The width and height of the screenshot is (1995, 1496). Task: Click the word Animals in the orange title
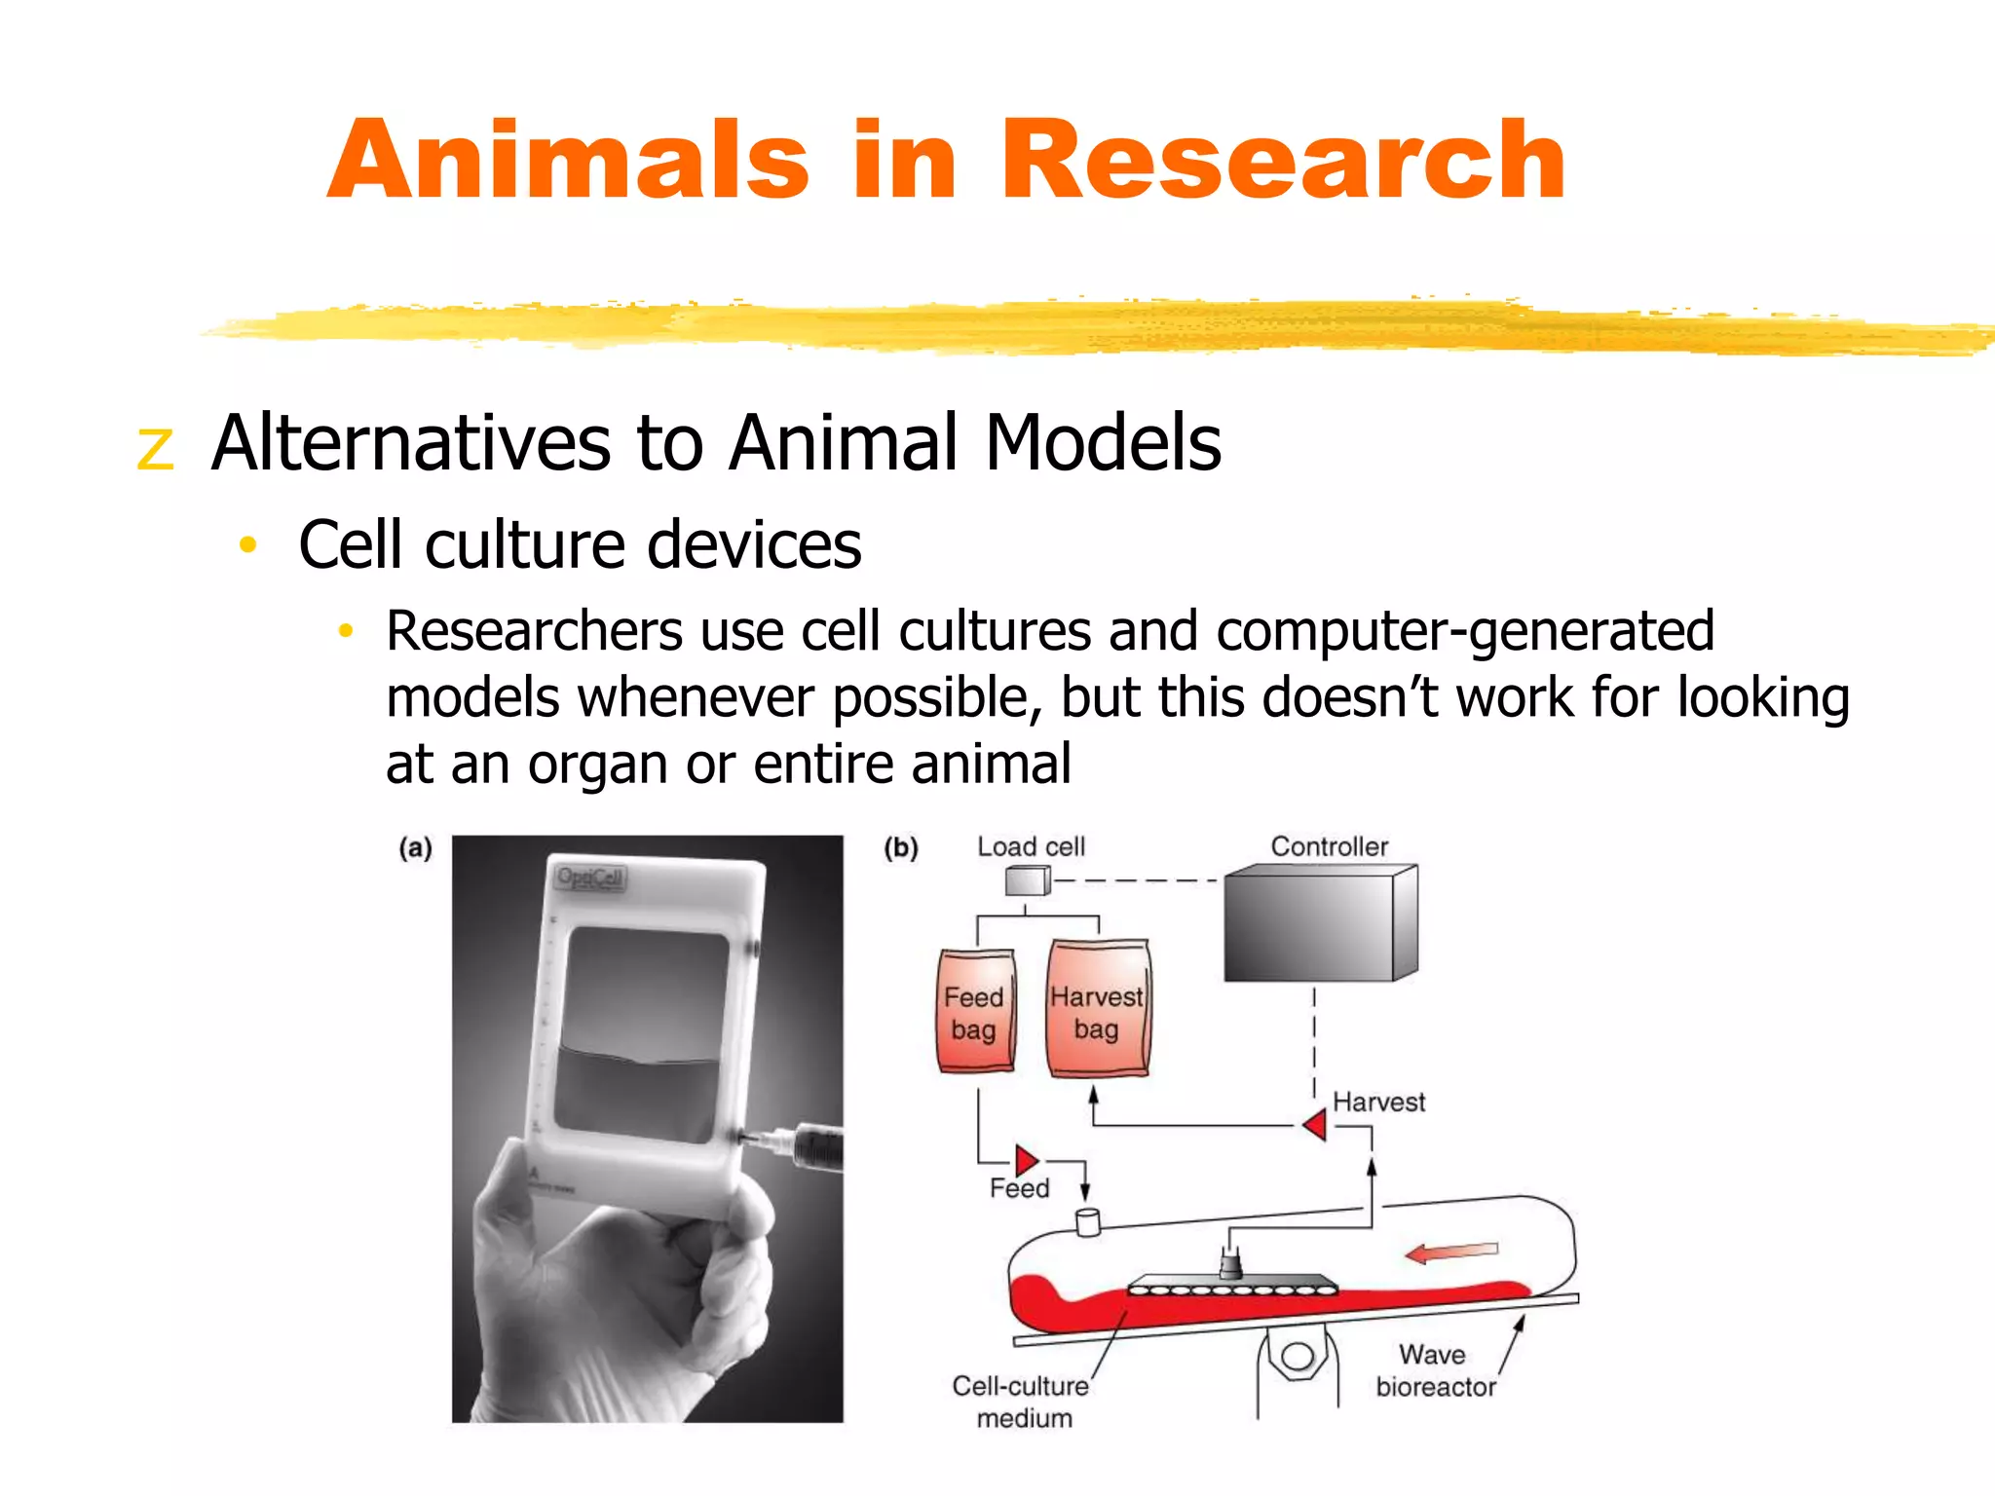click(x=568, y=161)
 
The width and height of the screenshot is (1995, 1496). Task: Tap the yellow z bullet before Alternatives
click(x=156, y=448)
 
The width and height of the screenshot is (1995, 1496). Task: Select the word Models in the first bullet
click(x=1103, y=443)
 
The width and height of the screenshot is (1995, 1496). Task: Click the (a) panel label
click(x=416, y=848)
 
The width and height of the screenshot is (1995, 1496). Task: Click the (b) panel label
click(x=901, y=848)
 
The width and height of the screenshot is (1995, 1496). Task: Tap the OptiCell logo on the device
click(x=590, y=878)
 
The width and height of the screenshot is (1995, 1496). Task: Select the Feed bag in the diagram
click(x=976, y=1013)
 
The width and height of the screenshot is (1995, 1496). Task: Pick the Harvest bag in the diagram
click(x=1097, y=1011)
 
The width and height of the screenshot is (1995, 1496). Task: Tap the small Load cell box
click(x=1027, y=881)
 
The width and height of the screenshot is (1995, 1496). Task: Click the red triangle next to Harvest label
click(x=1315, y=1125)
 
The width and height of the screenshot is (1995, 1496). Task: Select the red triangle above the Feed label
click(x=1026, y=1160)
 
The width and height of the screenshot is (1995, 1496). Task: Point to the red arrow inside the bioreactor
click(x=1451, y=1252)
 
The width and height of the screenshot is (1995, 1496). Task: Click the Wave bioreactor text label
click(x=1435, y=1370)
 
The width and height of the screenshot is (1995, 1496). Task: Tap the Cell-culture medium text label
click(x=1021, y=1402)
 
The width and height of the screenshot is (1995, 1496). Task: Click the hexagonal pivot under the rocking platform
click(x=1298, y=1357)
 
